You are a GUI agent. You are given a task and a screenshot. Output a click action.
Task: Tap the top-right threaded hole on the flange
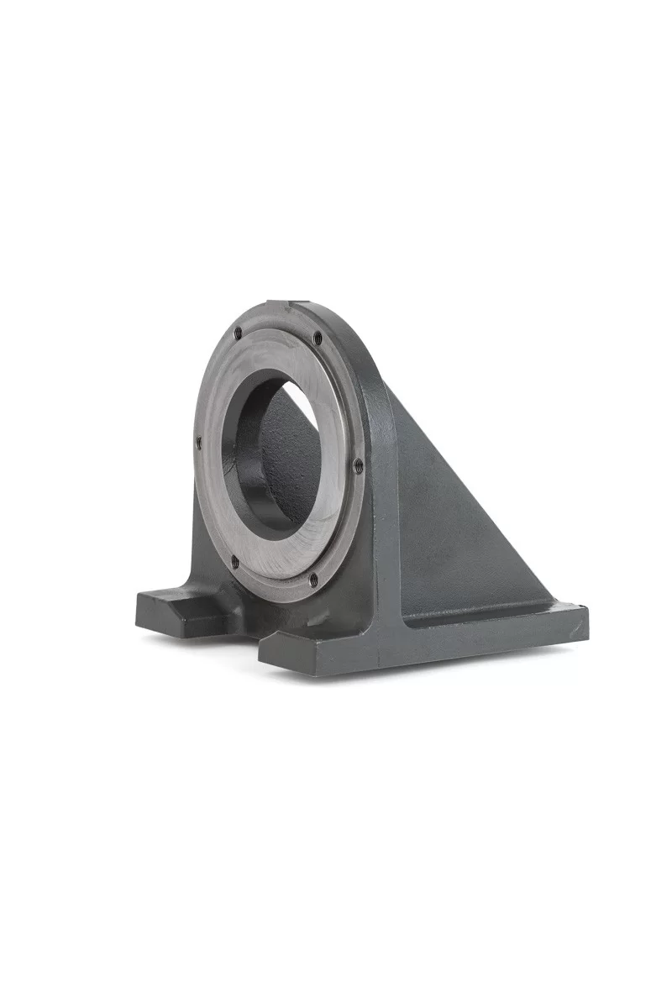(318, 338)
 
